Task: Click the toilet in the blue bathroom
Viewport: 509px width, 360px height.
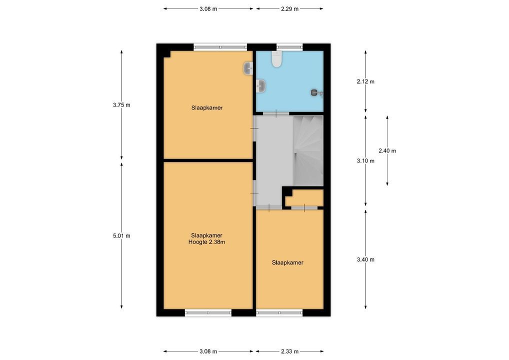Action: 276,59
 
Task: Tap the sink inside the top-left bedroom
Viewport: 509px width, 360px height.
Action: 248,68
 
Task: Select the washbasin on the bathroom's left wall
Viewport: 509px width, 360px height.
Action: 261,86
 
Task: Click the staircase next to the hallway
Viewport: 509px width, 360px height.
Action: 308,151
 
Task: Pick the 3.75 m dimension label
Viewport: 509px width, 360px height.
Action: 121,105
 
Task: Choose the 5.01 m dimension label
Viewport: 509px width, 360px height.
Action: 121,235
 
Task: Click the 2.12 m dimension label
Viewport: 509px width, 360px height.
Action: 365,81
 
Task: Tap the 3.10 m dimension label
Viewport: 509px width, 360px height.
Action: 365,160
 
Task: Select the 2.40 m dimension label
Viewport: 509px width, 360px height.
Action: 387,150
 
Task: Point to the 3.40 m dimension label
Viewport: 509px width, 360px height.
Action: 365,259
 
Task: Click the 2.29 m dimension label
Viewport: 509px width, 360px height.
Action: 290,9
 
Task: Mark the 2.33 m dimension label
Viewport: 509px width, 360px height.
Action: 290,351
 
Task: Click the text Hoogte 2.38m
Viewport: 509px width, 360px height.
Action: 207,242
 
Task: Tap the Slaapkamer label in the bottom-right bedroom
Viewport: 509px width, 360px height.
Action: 287,262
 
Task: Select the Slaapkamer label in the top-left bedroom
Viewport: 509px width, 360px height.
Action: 207,108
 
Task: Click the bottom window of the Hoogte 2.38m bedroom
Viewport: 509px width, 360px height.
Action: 208,313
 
